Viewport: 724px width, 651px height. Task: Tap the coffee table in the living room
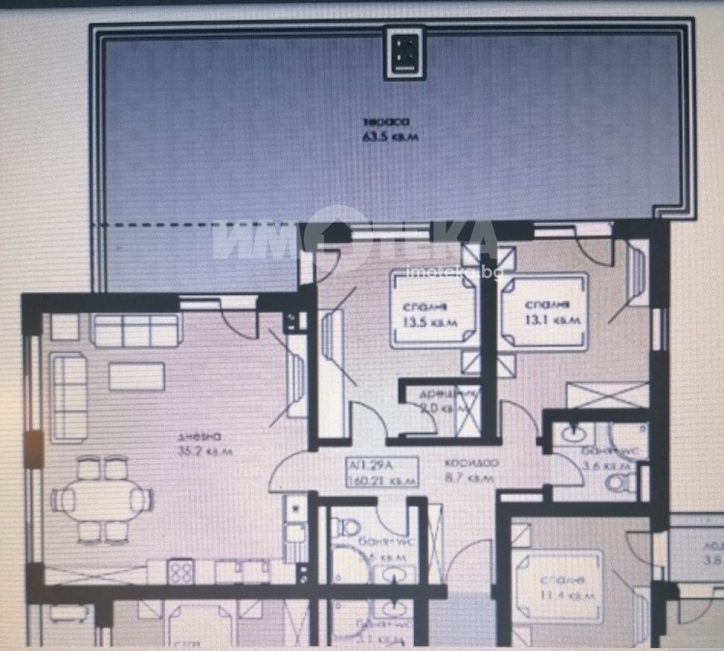[x=136, y=376]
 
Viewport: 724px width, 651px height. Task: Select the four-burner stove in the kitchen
[x=180, y=571]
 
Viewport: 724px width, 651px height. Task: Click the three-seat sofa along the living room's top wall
[x=135, y=330]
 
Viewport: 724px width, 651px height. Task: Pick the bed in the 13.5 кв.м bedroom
[x=433, y=310]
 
